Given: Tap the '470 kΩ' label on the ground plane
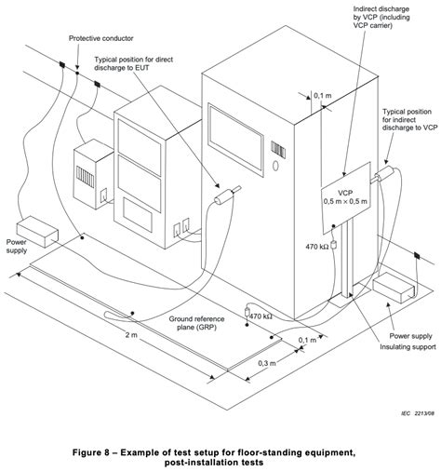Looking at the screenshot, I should tap(261, 316).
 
